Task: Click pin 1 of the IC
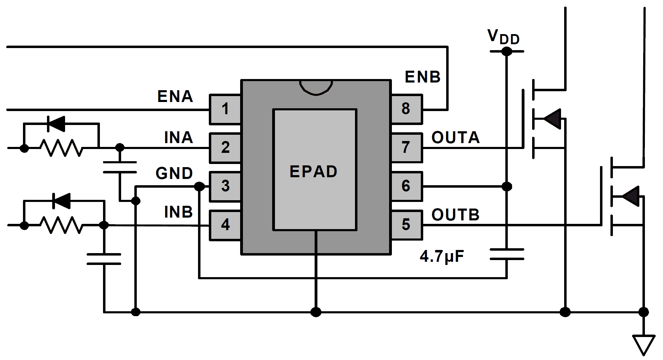click(225, 109)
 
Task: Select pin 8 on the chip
click(406, 109)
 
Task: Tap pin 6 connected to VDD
click(406, 186)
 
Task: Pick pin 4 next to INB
click(225, 225)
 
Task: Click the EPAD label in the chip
click(313, 172)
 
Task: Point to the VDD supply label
click(503, 37)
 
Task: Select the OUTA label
click(456, 138)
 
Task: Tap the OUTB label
click(456, 215)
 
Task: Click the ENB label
click(423, 77)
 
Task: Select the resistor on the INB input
click(62, 225)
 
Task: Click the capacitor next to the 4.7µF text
click(506, 254)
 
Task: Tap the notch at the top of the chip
click(316, 87)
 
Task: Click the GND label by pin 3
click(174, 173)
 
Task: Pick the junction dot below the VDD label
click(506, 52)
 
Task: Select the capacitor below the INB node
click(104, 259)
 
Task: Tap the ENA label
click(175, 96)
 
